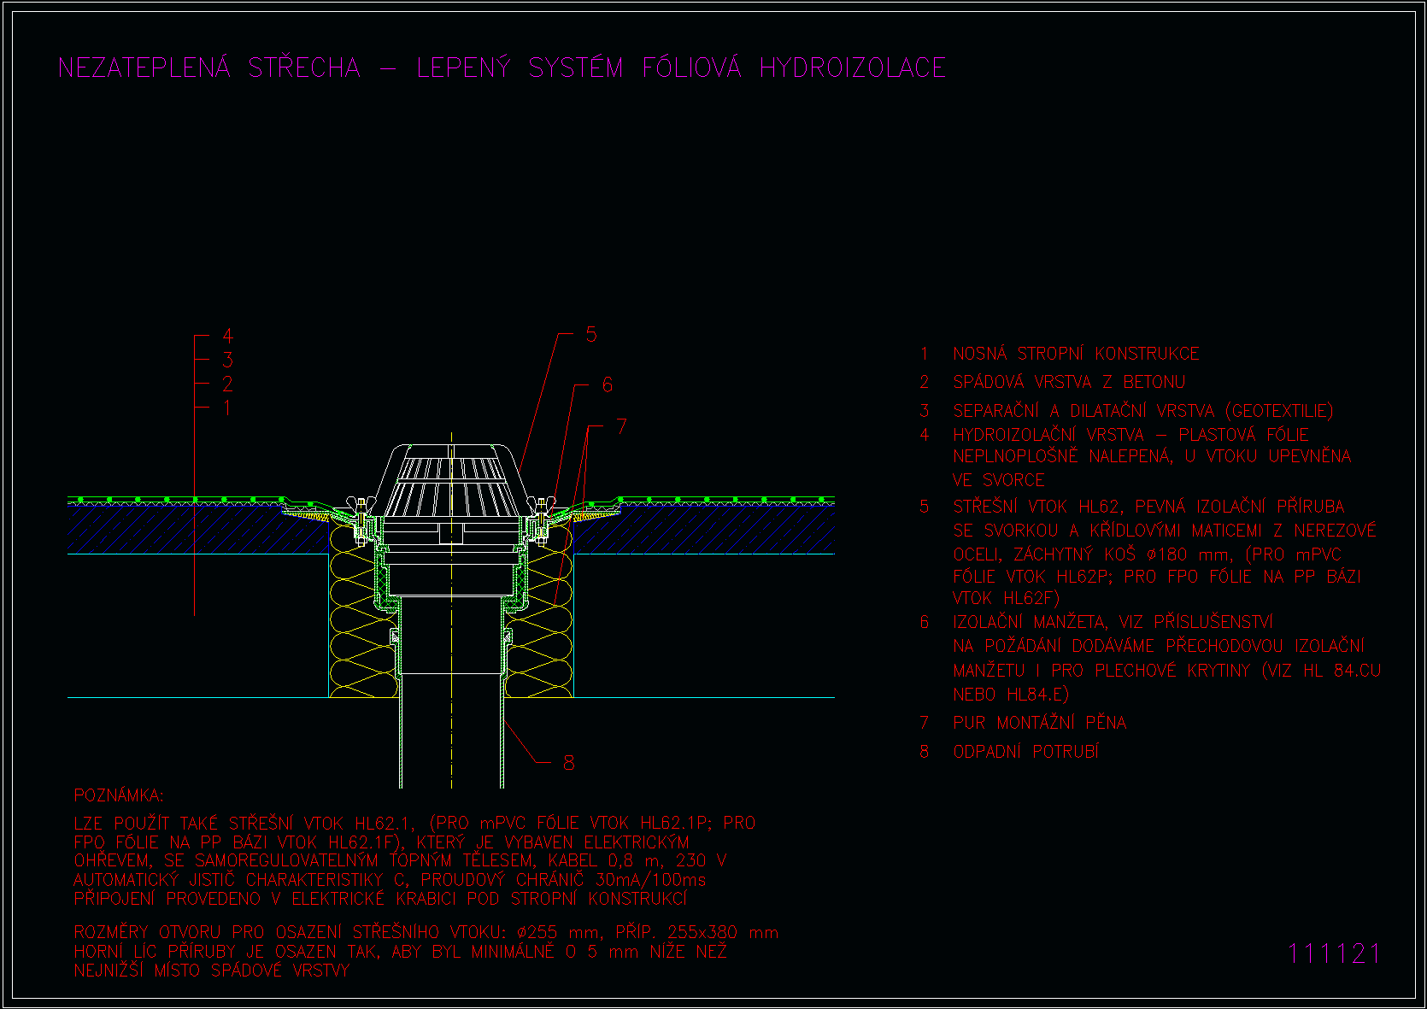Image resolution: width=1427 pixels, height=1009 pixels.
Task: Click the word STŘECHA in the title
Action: coord(304,67)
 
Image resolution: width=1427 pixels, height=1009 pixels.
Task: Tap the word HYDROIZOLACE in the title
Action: coord(853,68)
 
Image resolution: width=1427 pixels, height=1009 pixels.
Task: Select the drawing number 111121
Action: coord(1333,953)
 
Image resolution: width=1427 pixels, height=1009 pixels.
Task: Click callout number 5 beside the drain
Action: coord(591,334)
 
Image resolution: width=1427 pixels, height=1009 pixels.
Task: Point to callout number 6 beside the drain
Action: coord(607,384)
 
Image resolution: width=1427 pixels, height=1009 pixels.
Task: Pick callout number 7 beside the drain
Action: coord(622,426)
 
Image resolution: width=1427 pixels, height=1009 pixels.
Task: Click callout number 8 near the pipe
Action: coord(569,762)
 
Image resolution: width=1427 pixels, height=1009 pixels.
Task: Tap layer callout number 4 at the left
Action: coord(227,335)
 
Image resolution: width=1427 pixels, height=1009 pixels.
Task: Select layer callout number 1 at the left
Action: coord(226,408)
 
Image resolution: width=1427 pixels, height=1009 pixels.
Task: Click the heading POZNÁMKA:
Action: coord(119,795)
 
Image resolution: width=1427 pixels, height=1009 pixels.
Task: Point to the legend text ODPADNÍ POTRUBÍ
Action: coord(1025,752)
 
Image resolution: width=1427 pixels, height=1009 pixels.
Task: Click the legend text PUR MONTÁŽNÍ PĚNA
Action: coord(1040,722)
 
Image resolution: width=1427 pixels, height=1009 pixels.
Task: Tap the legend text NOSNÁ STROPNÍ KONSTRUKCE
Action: coord(1076,354)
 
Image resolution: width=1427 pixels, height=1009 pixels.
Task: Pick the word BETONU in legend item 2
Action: coord(1154,382)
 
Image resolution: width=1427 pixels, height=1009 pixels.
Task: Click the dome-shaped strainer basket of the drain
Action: coord(451,481)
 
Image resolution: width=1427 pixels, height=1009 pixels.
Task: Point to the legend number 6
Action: coord(925,622)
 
